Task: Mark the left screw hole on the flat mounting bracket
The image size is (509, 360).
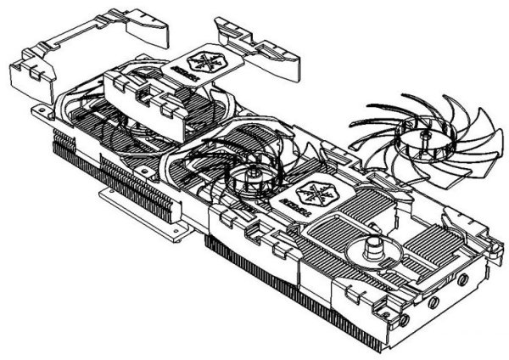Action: [x=110, y=197]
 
